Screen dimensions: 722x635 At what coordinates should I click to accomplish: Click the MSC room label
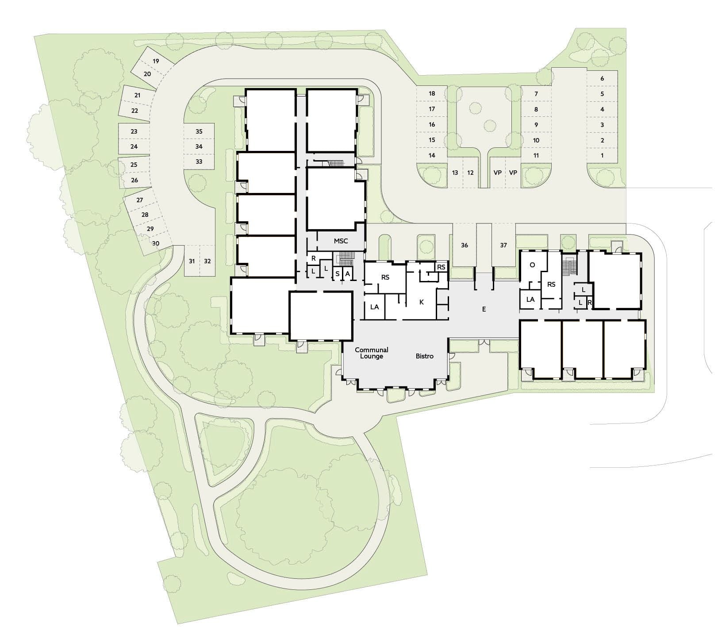pos(341,241)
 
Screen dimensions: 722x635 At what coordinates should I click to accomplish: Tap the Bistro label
pos(424,356)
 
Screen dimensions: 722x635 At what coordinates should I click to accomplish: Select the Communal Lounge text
pos(372,353)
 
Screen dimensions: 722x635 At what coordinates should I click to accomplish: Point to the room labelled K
pos(421,302)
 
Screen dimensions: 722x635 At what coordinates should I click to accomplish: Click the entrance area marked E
pos(484,309)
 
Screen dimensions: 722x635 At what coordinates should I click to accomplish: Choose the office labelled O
pos(532,265)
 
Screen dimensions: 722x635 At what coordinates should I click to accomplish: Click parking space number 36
pos(464,245)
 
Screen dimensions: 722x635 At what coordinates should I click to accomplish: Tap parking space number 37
pos(503,245)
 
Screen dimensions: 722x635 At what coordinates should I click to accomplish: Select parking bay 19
pos(156,61)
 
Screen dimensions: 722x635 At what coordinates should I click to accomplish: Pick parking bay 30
pos(156,243)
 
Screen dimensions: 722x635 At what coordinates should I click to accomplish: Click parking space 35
pos(199,131)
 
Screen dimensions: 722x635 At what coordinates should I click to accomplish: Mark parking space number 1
pos(602,156)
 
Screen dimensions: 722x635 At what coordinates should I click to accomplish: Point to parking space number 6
pos(602,78)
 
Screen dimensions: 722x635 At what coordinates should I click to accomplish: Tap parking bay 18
pos(432,93)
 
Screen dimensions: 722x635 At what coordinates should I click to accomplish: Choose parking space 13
pos(455,173)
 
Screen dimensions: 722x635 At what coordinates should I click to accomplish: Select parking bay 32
pos(207,261)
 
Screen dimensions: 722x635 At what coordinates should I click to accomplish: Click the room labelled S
pos(337,274)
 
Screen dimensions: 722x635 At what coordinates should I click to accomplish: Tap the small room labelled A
pos(348,274)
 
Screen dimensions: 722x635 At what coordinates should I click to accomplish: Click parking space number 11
pos(536,156)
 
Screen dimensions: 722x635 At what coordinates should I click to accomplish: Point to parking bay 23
pos(134,131)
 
